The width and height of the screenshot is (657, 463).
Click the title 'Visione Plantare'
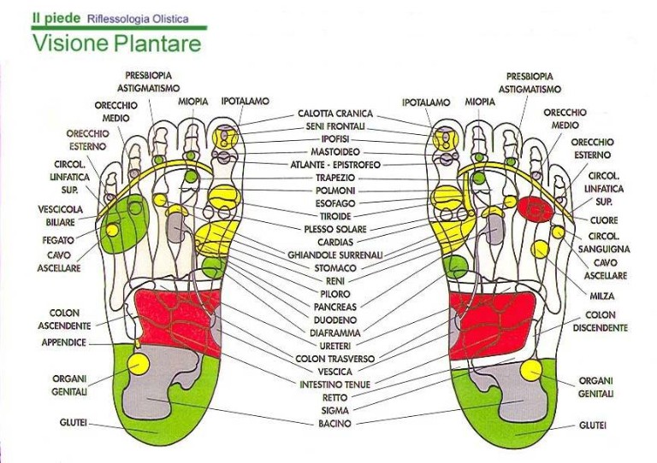pos(117,44)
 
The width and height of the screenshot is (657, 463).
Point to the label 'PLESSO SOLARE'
pos(335,229)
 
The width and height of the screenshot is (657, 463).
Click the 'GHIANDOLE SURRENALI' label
pos(335,255)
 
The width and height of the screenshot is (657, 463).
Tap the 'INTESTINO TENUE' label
pos(334,384)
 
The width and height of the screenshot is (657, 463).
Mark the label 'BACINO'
pos(334,424)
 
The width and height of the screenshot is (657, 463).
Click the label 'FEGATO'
pos(58,241)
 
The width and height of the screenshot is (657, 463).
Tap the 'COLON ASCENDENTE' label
pos(64,319)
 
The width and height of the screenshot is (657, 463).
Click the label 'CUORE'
pos(603,220)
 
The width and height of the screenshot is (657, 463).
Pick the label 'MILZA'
pos(602,296)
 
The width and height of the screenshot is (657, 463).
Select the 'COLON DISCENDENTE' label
pos(601,321)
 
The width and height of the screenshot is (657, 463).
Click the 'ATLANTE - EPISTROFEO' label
pos(334,165)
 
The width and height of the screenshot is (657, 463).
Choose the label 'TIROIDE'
pos(334,216)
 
